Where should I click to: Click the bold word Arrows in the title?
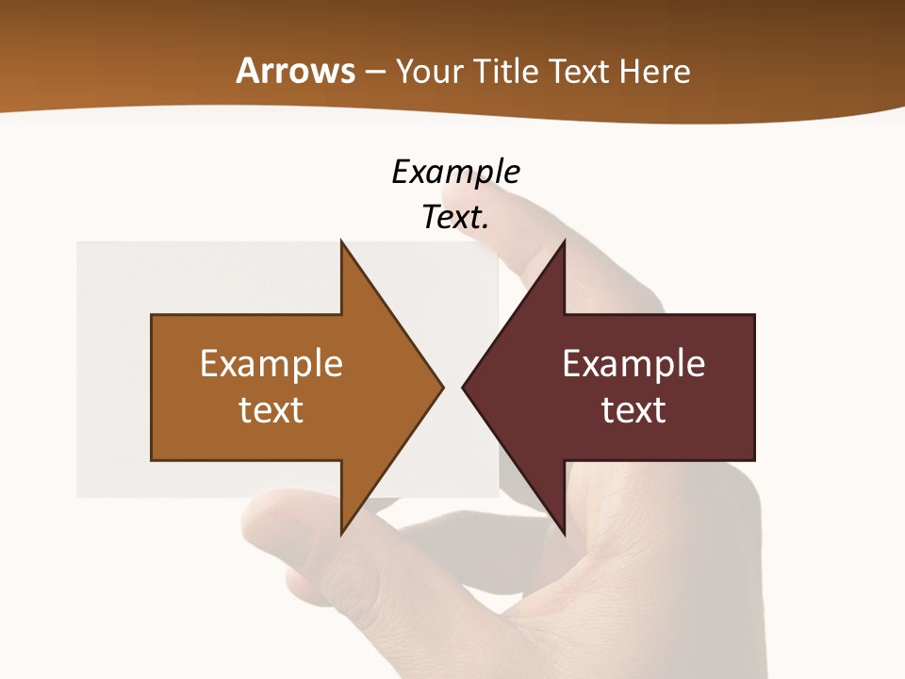pyautogui.click(x=295, y=71)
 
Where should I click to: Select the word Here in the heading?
pyautogui.click(x=656, y=71)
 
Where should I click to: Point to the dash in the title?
pyautogui.click(x=374, y=72)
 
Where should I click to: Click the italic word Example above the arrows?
pyautogui.click(x=455, y=172)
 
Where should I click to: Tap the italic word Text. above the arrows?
pyautogui.click(x=455, y=217)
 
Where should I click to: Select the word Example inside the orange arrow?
pyautogui.click(x=271, y=363)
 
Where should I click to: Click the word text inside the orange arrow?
pyautogui.click(x=271, y=409)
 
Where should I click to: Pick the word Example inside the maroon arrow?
pyautogui.click(x=633, y=363)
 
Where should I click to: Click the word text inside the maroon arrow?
pyautogui.click(x=633, y=409)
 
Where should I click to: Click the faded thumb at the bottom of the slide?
pyautogui.click(x=283, y=528)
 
